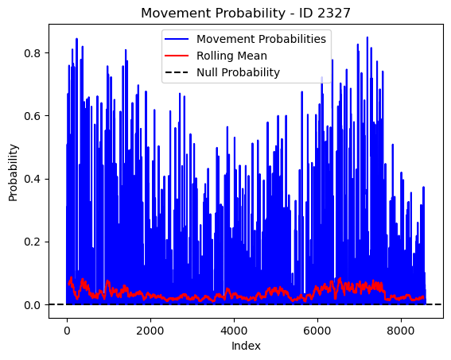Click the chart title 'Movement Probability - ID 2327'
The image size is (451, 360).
[x=246, y=13]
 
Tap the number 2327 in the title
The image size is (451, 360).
[x=333, y=13]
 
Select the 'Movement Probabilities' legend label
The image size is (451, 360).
[x=261, y=39]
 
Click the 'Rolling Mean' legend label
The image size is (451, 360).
[x=231, y=56]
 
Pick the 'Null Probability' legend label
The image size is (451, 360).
[x=238, y=72]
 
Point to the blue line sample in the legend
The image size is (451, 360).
[x=177, y=39]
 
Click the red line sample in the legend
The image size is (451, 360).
[x=177, y=56]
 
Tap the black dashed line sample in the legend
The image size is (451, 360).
[x=177, y=72]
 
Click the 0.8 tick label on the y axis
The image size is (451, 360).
[x=32, y=53]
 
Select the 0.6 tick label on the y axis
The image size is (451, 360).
[x=32, y=116]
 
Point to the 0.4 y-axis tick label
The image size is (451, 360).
[x=32, y=179]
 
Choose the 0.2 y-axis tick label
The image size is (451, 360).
[x=32, y=242]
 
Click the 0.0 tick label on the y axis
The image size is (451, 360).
[x=32, y=305]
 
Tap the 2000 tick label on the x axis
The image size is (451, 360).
[x=150, y=331]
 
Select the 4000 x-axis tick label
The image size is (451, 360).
[x=234, y=331]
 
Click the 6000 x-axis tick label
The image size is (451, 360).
[x=317, y=331]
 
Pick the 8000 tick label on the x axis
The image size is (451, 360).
[x=401, y=331]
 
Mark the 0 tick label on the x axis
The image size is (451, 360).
[x=67, y=331]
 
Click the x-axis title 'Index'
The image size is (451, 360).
[x=246, y=346]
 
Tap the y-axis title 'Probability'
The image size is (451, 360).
[x=13, y=173]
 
